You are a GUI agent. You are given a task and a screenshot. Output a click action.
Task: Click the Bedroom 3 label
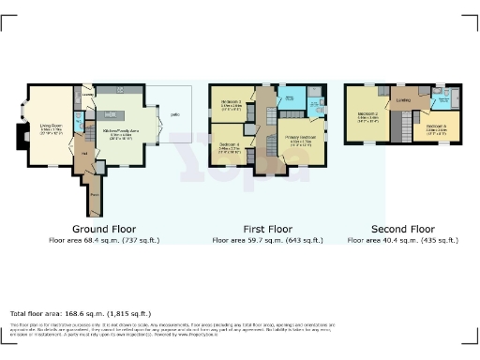point(232,103)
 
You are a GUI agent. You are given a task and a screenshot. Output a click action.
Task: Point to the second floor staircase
point(405,122)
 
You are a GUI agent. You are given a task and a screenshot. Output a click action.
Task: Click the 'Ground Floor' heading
point(103,228)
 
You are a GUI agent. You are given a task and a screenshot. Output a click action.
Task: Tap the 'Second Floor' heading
point(402,228)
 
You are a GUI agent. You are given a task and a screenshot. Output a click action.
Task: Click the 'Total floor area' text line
point(80,313)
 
